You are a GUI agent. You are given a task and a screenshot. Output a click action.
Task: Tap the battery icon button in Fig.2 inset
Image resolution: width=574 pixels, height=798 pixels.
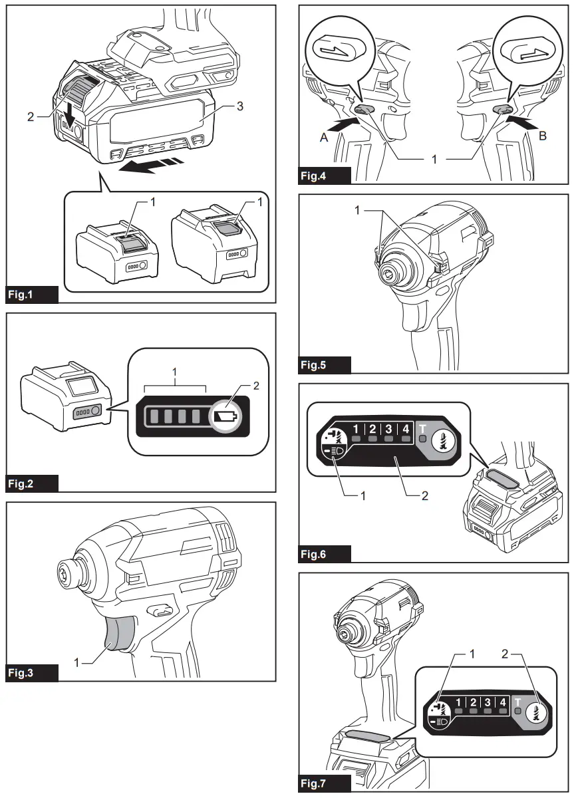tap(224, 417)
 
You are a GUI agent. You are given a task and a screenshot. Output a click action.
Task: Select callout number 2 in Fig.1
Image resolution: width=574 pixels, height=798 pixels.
tap(31, 116)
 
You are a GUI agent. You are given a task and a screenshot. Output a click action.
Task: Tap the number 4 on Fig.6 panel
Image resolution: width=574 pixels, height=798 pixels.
tap(405, 429)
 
